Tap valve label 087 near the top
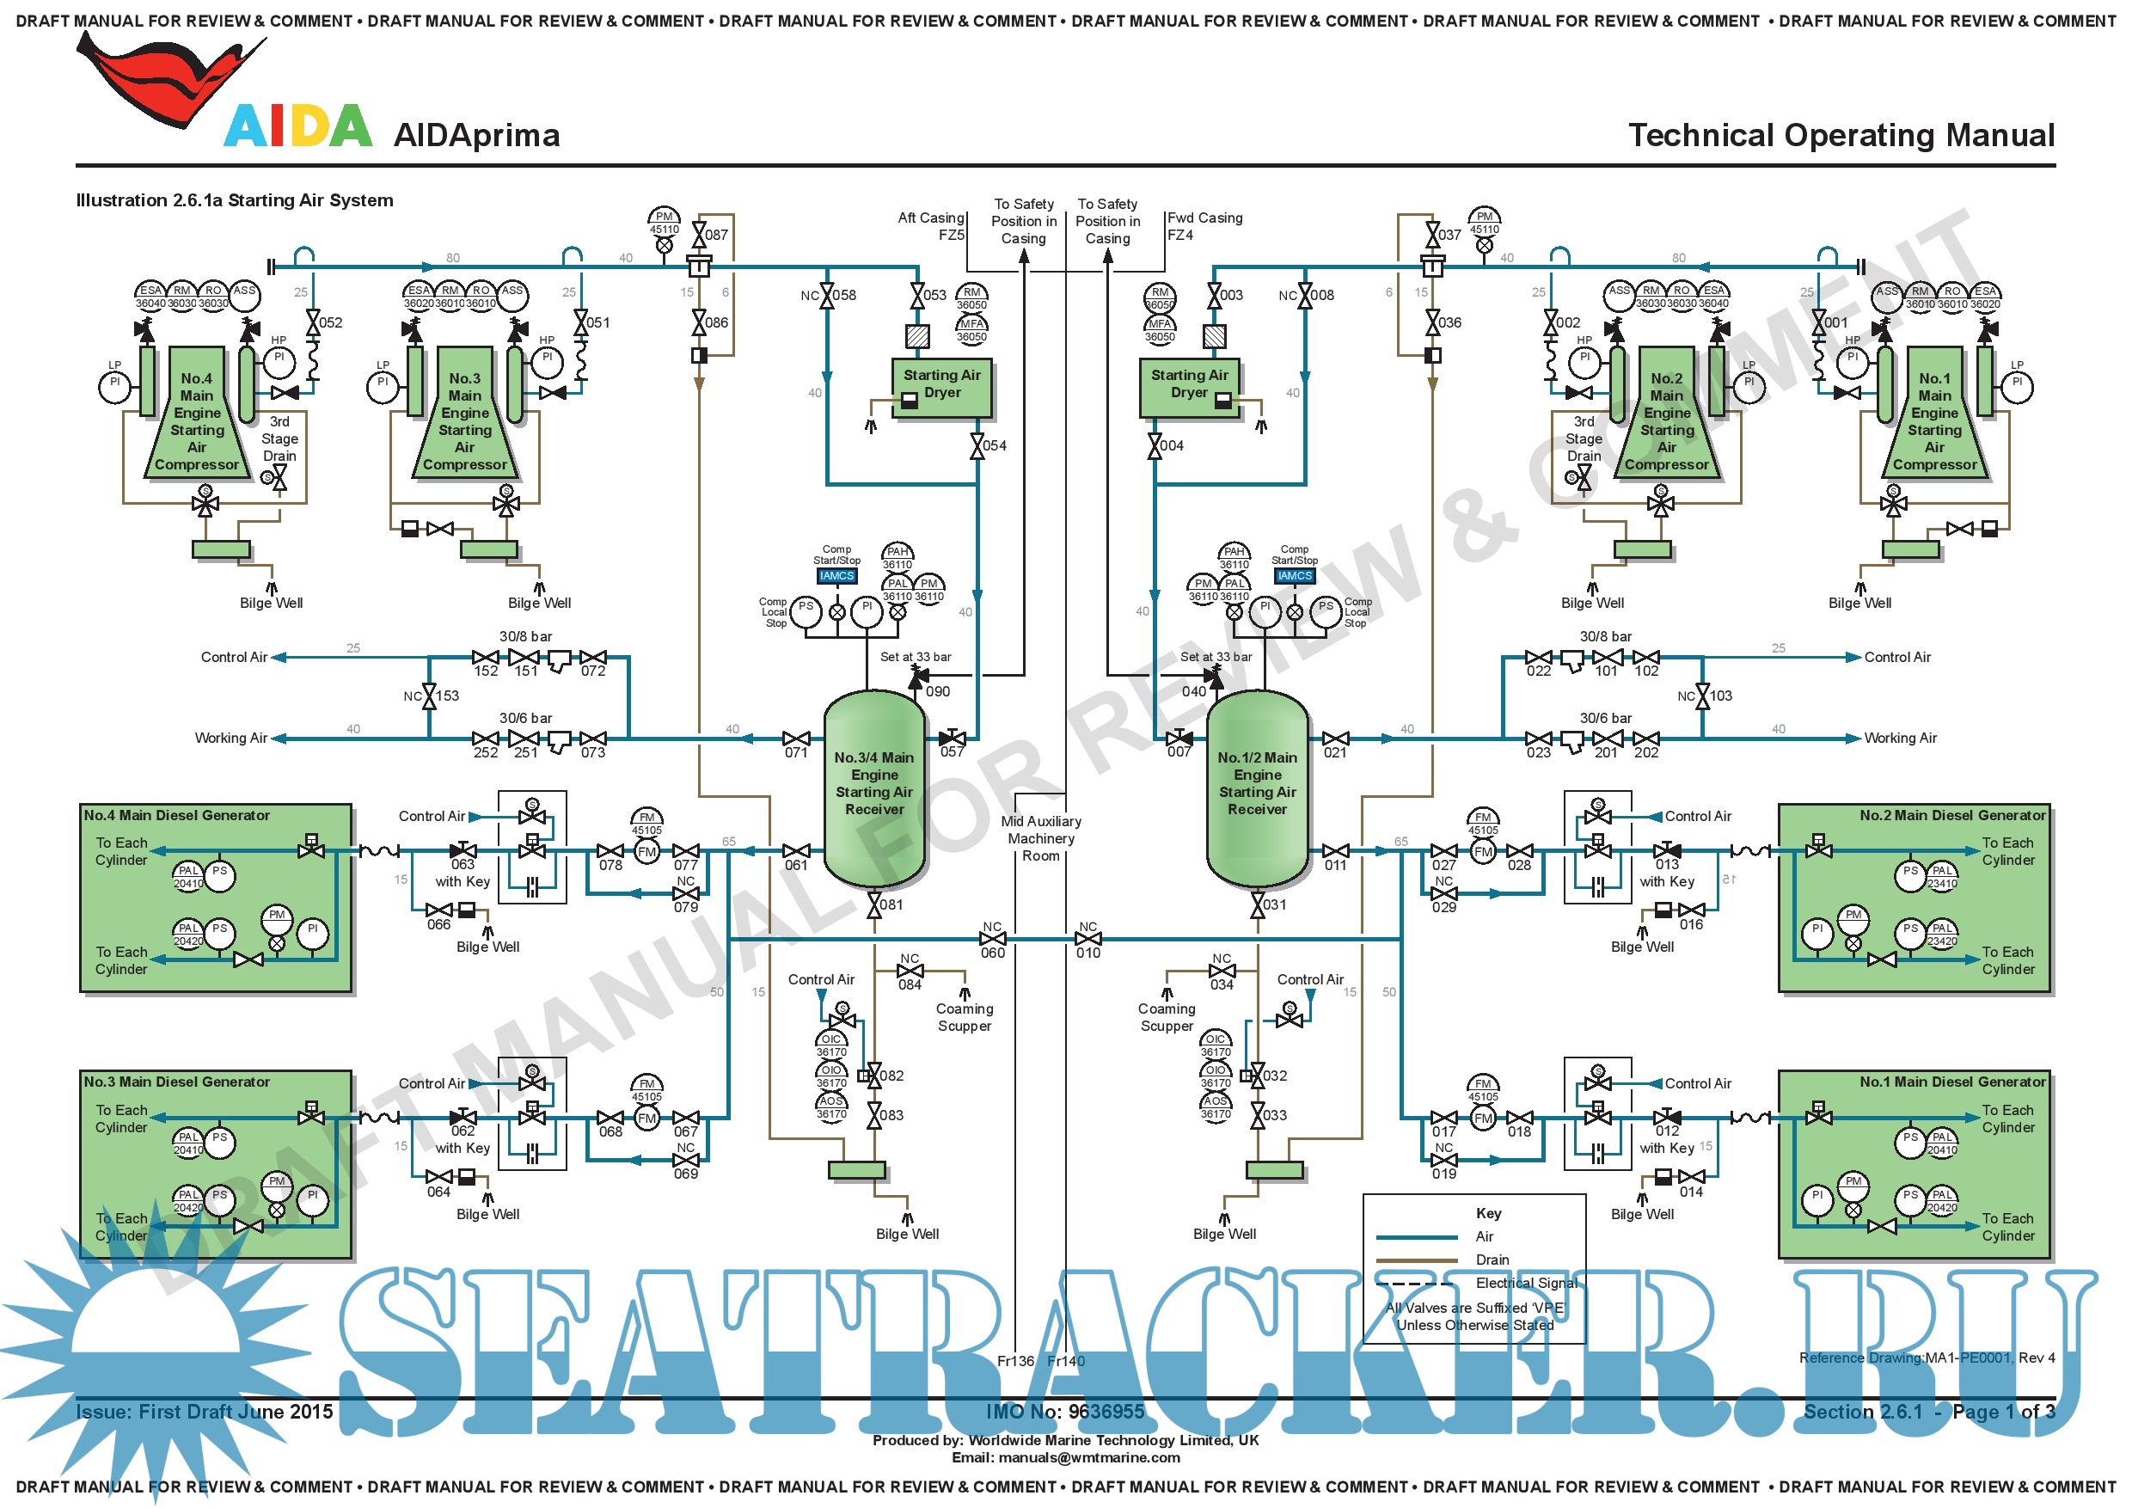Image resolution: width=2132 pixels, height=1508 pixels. point(717,235)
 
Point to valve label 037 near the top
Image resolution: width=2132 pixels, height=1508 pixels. point(1449,235)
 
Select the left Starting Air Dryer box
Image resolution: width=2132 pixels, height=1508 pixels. point(941,385)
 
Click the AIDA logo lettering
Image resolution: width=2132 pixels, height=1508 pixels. point(298,126)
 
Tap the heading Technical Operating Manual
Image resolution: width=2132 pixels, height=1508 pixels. point(1841,136)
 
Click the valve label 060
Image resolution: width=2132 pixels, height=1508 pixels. point(993,953)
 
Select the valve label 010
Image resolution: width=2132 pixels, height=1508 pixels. point(1088,953)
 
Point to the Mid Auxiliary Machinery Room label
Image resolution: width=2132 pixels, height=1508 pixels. point(1041,838)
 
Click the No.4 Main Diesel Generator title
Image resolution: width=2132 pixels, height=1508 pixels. point(177,815)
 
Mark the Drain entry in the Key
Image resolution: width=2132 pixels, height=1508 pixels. point(1492,1260)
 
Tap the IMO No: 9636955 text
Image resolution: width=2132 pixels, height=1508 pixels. point(1065,1413)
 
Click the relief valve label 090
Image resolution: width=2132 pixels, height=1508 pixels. point(938,692)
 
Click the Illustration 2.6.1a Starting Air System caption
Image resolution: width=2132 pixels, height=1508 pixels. point(235,200)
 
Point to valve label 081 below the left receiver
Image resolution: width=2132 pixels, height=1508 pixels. point(891,905)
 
